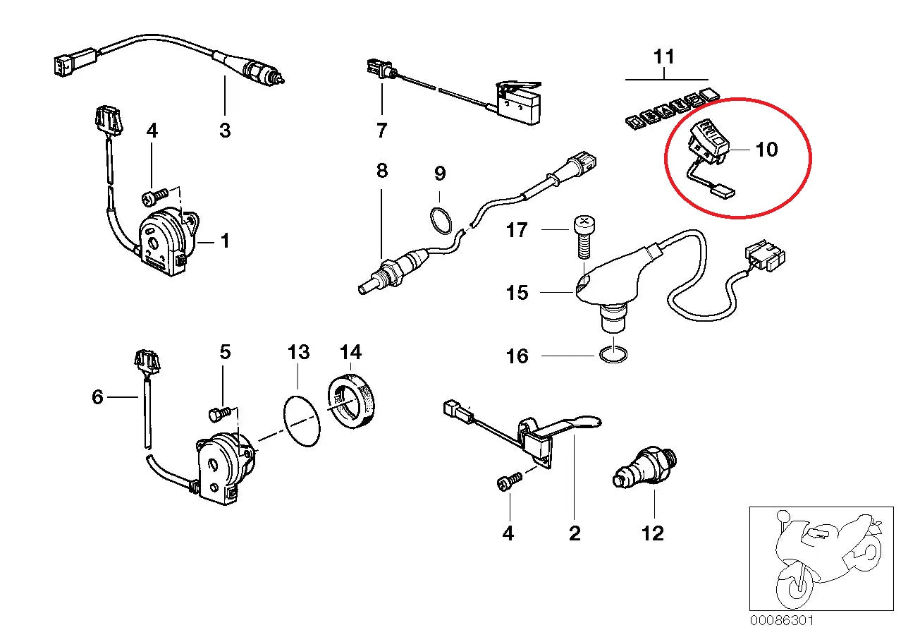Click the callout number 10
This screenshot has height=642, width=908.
766,150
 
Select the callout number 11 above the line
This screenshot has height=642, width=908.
663,56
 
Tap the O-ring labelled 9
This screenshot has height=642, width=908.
440,219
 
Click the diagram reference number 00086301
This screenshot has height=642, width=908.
782,621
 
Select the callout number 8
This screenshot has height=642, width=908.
381,171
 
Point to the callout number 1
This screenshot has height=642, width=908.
225,241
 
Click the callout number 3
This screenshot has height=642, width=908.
225,131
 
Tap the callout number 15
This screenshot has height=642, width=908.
517,292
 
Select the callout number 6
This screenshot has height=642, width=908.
97,397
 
